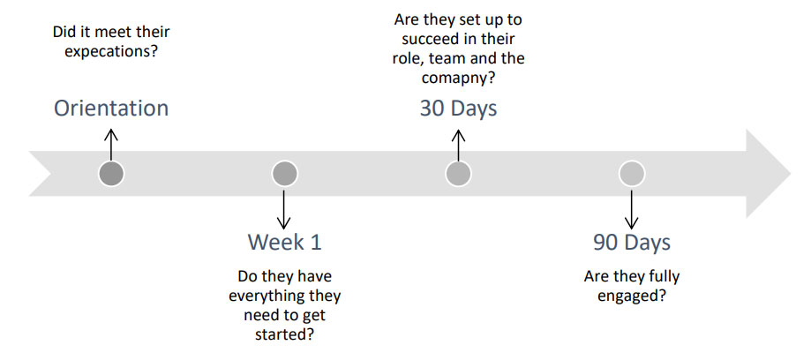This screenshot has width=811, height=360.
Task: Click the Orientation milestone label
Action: (x=111, y=109)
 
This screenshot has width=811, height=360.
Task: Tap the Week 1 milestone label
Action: (x=284, y=242)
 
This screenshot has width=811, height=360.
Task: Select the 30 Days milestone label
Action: (x=458, y=109)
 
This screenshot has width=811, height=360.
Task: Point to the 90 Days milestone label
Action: (x=632, y=242)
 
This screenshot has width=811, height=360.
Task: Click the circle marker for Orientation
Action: (x=111, y=173)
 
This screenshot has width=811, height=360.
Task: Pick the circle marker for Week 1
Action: (x=284, y=173)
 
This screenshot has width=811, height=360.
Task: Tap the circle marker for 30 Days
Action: (x=458, y=173)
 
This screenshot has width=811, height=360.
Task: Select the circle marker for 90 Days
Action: (x=632, y=173)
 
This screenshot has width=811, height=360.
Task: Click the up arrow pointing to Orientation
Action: (x=111, y=145)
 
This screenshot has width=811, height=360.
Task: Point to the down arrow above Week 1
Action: (x=284, y=207)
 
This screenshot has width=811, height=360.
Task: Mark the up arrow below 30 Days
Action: (x=458, y=145)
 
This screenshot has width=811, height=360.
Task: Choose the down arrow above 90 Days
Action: (x=631, y=207)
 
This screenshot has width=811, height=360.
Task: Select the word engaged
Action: (x=631, y=296)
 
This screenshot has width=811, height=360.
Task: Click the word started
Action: (x=284, y=334)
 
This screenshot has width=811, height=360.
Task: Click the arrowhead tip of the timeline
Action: (x=791, y=174)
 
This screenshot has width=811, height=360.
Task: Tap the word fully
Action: (x=662, y=277)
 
